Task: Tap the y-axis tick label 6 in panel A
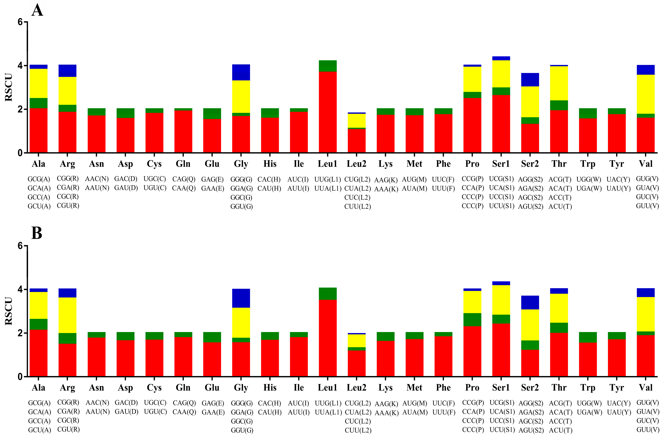tap(20, 22)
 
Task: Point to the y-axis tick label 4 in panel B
tap(20, 289)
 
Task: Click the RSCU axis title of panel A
tap(9, 87)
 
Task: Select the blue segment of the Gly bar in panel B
tap(241, 298)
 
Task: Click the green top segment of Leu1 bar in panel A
tap(328, 66)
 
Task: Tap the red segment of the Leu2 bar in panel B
tap(357, 363)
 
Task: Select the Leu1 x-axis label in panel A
tap(328, 164)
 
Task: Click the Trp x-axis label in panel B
tap(588, 388)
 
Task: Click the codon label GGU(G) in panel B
tap(242, 430)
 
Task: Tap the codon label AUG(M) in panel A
tap(414, 179)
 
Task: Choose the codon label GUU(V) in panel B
tap(648, 429)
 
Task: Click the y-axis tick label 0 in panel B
tap(20, 377)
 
